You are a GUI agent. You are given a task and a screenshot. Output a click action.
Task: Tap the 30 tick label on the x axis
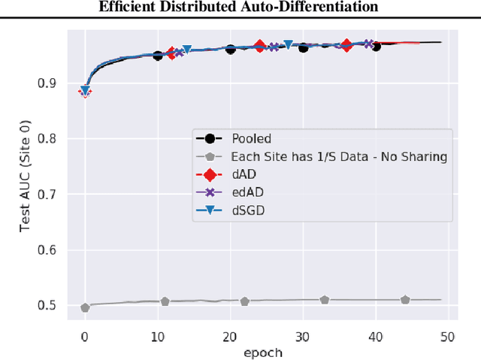click(x=303, y=336)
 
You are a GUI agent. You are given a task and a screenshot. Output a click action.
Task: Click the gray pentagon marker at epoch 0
click(x=85, y=307)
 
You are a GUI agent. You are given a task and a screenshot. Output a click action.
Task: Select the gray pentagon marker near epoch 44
click(x=405, y=299)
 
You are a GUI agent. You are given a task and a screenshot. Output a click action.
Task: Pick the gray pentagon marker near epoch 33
click(x=325, y=299)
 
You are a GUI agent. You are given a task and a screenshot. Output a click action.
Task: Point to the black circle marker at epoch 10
click(x=158, y=56)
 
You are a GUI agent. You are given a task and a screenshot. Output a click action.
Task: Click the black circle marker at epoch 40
click(x=376, y=47)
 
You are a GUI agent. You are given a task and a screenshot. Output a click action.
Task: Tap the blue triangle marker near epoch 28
click(x=289, y=45)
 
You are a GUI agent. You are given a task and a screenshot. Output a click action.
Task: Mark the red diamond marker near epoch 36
click(x=346, y=45)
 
